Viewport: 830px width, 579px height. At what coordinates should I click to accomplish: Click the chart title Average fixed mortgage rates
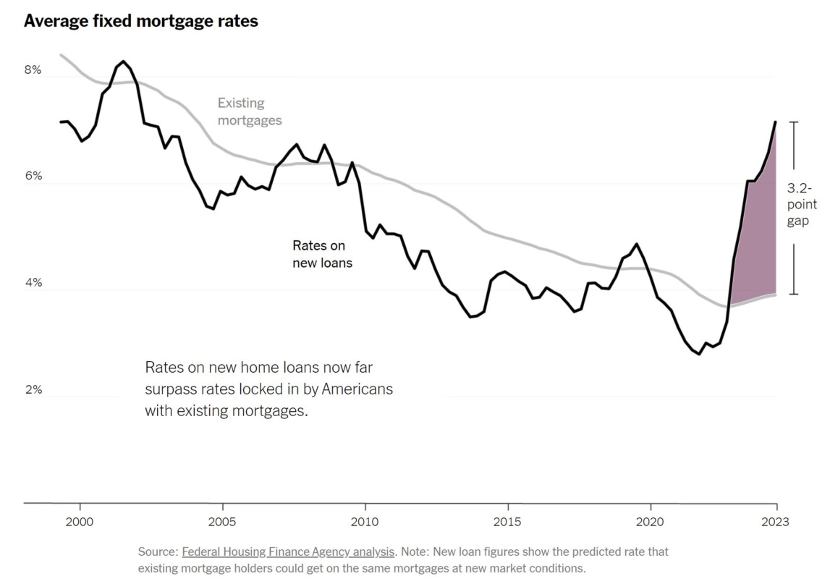141,21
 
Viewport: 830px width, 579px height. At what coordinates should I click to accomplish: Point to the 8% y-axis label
33,70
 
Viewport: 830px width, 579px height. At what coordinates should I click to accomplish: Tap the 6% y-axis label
33,177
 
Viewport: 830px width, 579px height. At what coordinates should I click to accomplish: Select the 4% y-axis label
33,283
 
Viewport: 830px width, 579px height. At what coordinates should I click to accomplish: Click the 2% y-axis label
33,390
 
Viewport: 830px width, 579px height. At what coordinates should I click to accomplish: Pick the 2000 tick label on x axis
80,521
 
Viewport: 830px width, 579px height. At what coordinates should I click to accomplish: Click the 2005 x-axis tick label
222,521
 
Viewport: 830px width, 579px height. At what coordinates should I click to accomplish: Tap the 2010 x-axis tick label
365,521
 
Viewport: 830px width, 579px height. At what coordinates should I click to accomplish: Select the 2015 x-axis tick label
507,521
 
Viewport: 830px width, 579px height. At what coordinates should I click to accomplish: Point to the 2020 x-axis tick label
650,521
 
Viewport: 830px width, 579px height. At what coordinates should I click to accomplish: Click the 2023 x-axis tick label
776,521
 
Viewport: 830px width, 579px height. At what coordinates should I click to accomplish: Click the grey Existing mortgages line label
250,112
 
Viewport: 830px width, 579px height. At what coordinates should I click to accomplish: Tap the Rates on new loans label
322,255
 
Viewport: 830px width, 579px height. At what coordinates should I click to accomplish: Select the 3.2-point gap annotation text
802,204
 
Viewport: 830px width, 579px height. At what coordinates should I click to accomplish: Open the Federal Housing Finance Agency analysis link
288,551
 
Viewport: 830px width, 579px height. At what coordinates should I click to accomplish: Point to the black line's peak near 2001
123,62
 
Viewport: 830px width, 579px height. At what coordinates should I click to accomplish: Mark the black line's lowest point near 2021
698,354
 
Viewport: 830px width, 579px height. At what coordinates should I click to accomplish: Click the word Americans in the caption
357,389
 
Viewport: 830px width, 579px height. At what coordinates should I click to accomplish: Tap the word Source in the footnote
157,551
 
